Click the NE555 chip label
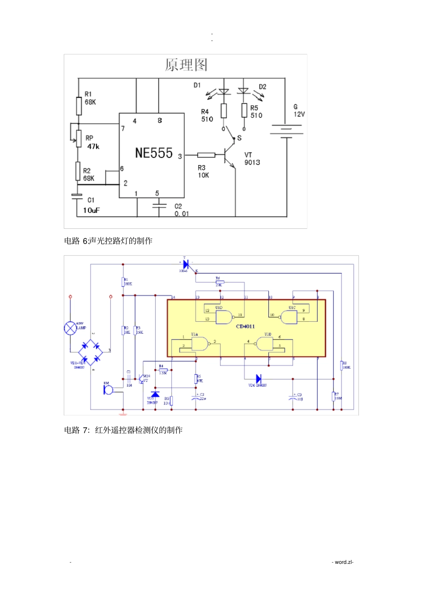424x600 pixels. point(154,153)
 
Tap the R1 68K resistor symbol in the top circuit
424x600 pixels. point(79,106)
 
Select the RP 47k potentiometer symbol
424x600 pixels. point(79,138)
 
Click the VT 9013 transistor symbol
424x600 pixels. point(229,156)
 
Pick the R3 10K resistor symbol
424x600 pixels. point(206,155)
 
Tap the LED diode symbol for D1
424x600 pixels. point(224,91)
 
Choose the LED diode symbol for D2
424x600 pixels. point(244,91)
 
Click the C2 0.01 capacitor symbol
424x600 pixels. point(159,206)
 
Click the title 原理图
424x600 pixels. point(186,65)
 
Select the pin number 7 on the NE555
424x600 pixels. point(123,128)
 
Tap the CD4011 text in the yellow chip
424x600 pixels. point(245,327)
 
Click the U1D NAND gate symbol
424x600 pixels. point(224,317)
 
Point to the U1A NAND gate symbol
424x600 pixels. point(200,343)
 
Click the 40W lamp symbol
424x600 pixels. point(70,328)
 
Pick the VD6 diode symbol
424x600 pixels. point(258,379)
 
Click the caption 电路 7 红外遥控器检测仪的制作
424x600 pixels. point(123,430)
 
